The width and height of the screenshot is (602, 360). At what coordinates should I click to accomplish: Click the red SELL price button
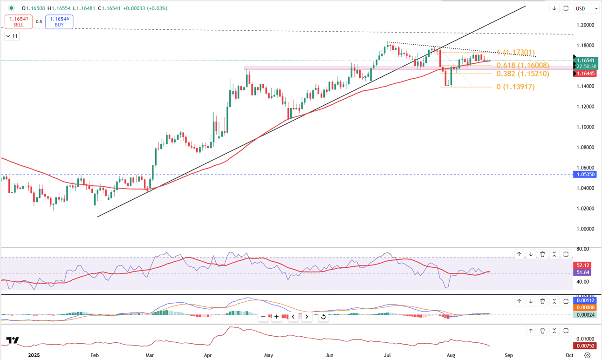[x=19, y=21]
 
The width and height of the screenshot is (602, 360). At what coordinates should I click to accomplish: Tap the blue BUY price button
[x=59, y=21]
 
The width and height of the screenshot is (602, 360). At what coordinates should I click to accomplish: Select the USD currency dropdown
[x=586, y=8]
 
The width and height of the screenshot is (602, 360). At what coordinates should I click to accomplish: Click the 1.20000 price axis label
[x=586, y=25]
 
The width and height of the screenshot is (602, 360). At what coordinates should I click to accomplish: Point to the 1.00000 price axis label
[x=586, y=229]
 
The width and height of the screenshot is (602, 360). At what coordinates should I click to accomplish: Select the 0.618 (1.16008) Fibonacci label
[x=522, y=66]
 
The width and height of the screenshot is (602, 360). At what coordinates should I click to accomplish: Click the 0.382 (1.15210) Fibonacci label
[x=522, y=74]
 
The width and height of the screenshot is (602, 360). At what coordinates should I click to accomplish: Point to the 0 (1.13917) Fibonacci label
[x=515, y=87]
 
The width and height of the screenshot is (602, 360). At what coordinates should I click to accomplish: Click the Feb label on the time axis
[x=95, y=355]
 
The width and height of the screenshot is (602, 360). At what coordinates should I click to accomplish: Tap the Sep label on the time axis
[x=508, y=355]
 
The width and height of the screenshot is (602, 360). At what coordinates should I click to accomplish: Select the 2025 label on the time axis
[x=34, y=355]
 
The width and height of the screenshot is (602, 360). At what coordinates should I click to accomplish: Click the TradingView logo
[x=13, y=340]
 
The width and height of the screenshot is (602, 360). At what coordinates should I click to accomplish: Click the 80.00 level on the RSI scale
[x=582, y=250]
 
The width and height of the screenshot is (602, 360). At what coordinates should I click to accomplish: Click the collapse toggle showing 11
[x=12, y=36]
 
